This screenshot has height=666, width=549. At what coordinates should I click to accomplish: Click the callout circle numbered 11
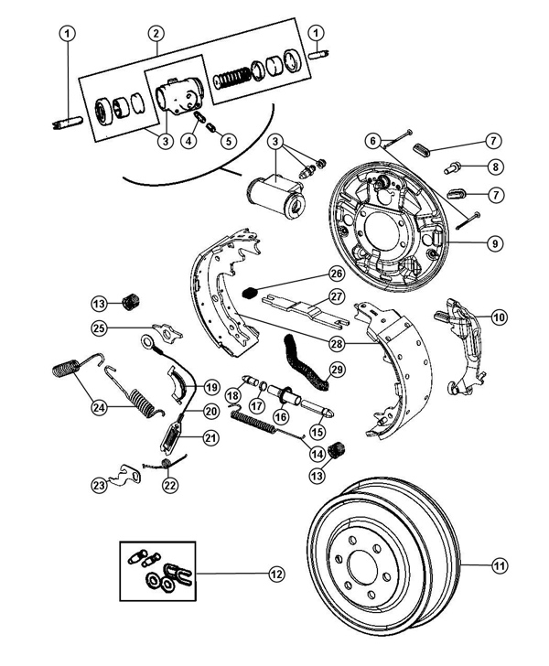[x=500, y=565]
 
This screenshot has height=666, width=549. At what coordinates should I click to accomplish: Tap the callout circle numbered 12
[x=276, y=575]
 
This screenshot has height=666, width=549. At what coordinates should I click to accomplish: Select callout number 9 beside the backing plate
[x=495, y=243]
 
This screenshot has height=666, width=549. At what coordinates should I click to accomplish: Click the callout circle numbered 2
[x=156, y=33]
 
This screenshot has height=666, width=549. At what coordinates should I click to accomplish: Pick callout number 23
[x=99, y=485]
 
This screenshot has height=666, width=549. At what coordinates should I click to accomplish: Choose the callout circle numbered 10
[x=499, y=317]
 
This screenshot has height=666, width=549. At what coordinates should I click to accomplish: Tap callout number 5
[x=229, y=141]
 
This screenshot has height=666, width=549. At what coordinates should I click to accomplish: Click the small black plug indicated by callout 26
[x=249, y=293]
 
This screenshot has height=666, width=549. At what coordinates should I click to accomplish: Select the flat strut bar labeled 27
[x=306, y=314]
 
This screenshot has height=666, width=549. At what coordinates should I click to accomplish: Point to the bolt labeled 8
[x=453, y=167]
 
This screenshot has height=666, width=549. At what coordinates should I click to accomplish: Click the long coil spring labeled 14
[x=268, y=424]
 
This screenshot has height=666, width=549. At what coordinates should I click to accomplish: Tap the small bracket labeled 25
[x=167, y=333]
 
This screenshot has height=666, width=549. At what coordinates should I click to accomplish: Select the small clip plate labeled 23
[x=124, y=475]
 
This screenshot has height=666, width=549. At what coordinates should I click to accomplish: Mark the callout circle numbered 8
[x=495, y=166]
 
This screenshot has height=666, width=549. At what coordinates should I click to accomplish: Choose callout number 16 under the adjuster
[x=281, y=416]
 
